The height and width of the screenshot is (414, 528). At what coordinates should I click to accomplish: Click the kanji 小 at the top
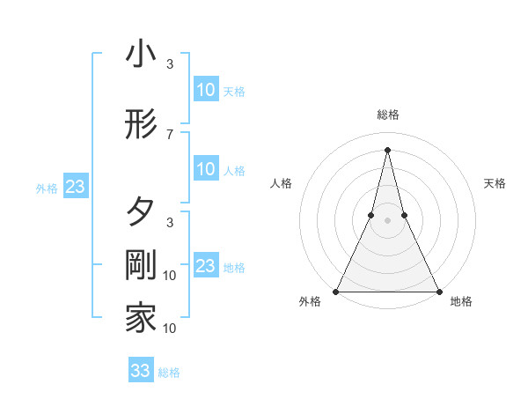pos(141,55)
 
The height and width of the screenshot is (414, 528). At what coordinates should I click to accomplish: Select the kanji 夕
pos(141,212)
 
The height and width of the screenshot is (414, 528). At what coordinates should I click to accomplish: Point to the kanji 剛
pos(141,266)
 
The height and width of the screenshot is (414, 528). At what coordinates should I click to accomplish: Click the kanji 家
pos(141,318)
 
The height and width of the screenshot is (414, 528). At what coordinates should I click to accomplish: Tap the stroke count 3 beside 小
pos(170,64)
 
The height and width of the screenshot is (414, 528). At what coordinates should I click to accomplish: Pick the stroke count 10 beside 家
pos(170,329)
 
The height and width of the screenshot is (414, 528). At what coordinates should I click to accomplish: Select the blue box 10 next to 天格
pos(205,90)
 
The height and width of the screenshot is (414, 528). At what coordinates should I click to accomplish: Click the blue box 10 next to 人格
pos(205,169)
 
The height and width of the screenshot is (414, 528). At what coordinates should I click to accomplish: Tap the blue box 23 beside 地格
pos(205,266)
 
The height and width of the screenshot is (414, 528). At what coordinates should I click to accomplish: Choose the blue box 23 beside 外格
pos(75,187)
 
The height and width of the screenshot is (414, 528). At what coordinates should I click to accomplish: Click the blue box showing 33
pos(140,371)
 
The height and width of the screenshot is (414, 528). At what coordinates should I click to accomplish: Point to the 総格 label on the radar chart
pos(387,115)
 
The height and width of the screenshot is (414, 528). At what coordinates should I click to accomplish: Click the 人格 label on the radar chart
pos(281,183)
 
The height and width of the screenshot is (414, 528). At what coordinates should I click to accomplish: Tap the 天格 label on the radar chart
pos(495,183)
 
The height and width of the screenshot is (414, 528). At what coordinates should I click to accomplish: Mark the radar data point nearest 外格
pos(336,291)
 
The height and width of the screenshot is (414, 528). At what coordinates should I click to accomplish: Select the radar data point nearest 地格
pos(438,291)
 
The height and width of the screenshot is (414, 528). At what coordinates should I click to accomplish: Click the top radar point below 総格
pos(387,150)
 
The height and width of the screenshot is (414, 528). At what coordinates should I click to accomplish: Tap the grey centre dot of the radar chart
pos(387,220)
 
